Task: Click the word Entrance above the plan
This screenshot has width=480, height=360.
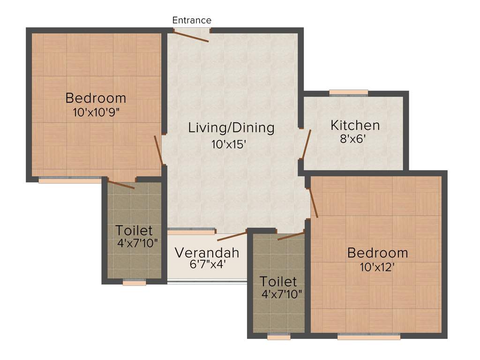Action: (192, 20)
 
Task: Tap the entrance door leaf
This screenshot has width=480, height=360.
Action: (191, 37)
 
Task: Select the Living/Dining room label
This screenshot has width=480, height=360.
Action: (231, 127)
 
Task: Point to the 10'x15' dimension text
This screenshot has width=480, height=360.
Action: (228, 144)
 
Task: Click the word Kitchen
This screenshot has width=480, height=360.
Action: (355, 125)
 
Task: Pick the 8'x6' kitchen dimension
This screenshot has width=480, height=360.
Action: (354, 139)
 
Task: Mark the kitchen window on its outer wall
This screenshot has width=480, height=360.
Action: (348, 93)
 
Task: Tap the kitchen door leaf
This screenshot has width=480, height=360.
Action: (307, 143)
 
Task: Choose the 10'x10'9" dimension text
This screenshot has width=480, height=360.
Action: (96, 112)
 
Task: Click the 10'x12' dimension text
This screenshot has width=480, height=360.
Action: (377, 267)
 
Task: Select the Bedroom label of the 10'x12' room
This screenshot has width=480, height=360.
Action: (377, 253)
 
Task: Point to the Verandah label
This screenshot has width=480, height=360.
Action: (207, 253)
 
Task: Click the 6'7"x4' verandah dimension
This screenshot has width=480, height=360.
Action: (207, 264)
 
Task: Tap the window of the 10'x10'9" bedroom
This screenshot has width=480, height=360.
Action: (70, 180)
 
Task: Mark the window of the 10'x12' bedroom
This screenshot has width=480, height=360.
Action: (368, 336)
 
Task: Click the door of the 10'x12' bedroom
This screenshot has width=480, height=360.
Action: (313, 203)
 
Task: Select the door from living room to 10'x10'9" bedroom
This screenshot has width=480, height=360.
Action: (159, 150)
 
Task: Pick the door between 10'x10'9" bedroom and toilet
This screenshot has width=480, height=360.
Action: (121, 184)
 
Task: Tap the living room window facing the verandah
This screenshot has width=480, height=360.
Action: (191, 231)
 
